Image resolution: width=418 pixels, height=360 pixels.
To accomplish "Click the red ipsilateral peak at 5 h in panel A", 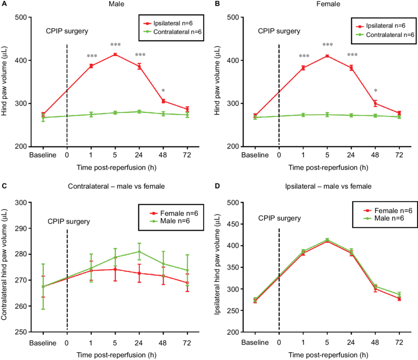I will (115, 55).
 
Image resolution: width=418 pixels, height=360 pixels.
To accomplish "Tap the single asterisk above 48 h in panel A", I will (163, 90).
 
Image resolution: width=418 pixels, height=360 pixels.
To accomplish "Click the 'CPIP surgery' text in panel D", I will (279, 217).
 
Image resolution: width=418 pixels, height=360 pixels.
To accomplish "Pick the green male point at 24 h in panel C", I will (139, 251).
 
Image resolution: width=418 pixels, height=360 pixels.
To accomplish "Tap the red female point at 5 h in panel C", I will (115, 269).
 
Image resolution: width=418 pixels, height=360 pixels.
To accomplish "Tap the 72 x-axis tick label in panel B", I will (399, 155).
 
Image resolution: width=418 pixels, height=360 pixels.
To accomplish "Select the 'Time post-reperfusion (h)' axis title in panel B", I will (328, 167).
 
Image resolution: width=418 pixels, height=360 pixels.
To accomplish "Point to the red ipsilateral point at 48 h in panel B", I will (375, 103).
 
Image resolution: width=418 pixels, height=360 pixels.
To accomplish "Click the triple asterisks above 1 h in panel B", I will (304, 56).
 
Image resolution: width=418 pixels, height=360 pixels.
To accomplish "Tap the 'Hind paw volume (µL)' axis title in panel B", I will (218, 82).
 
